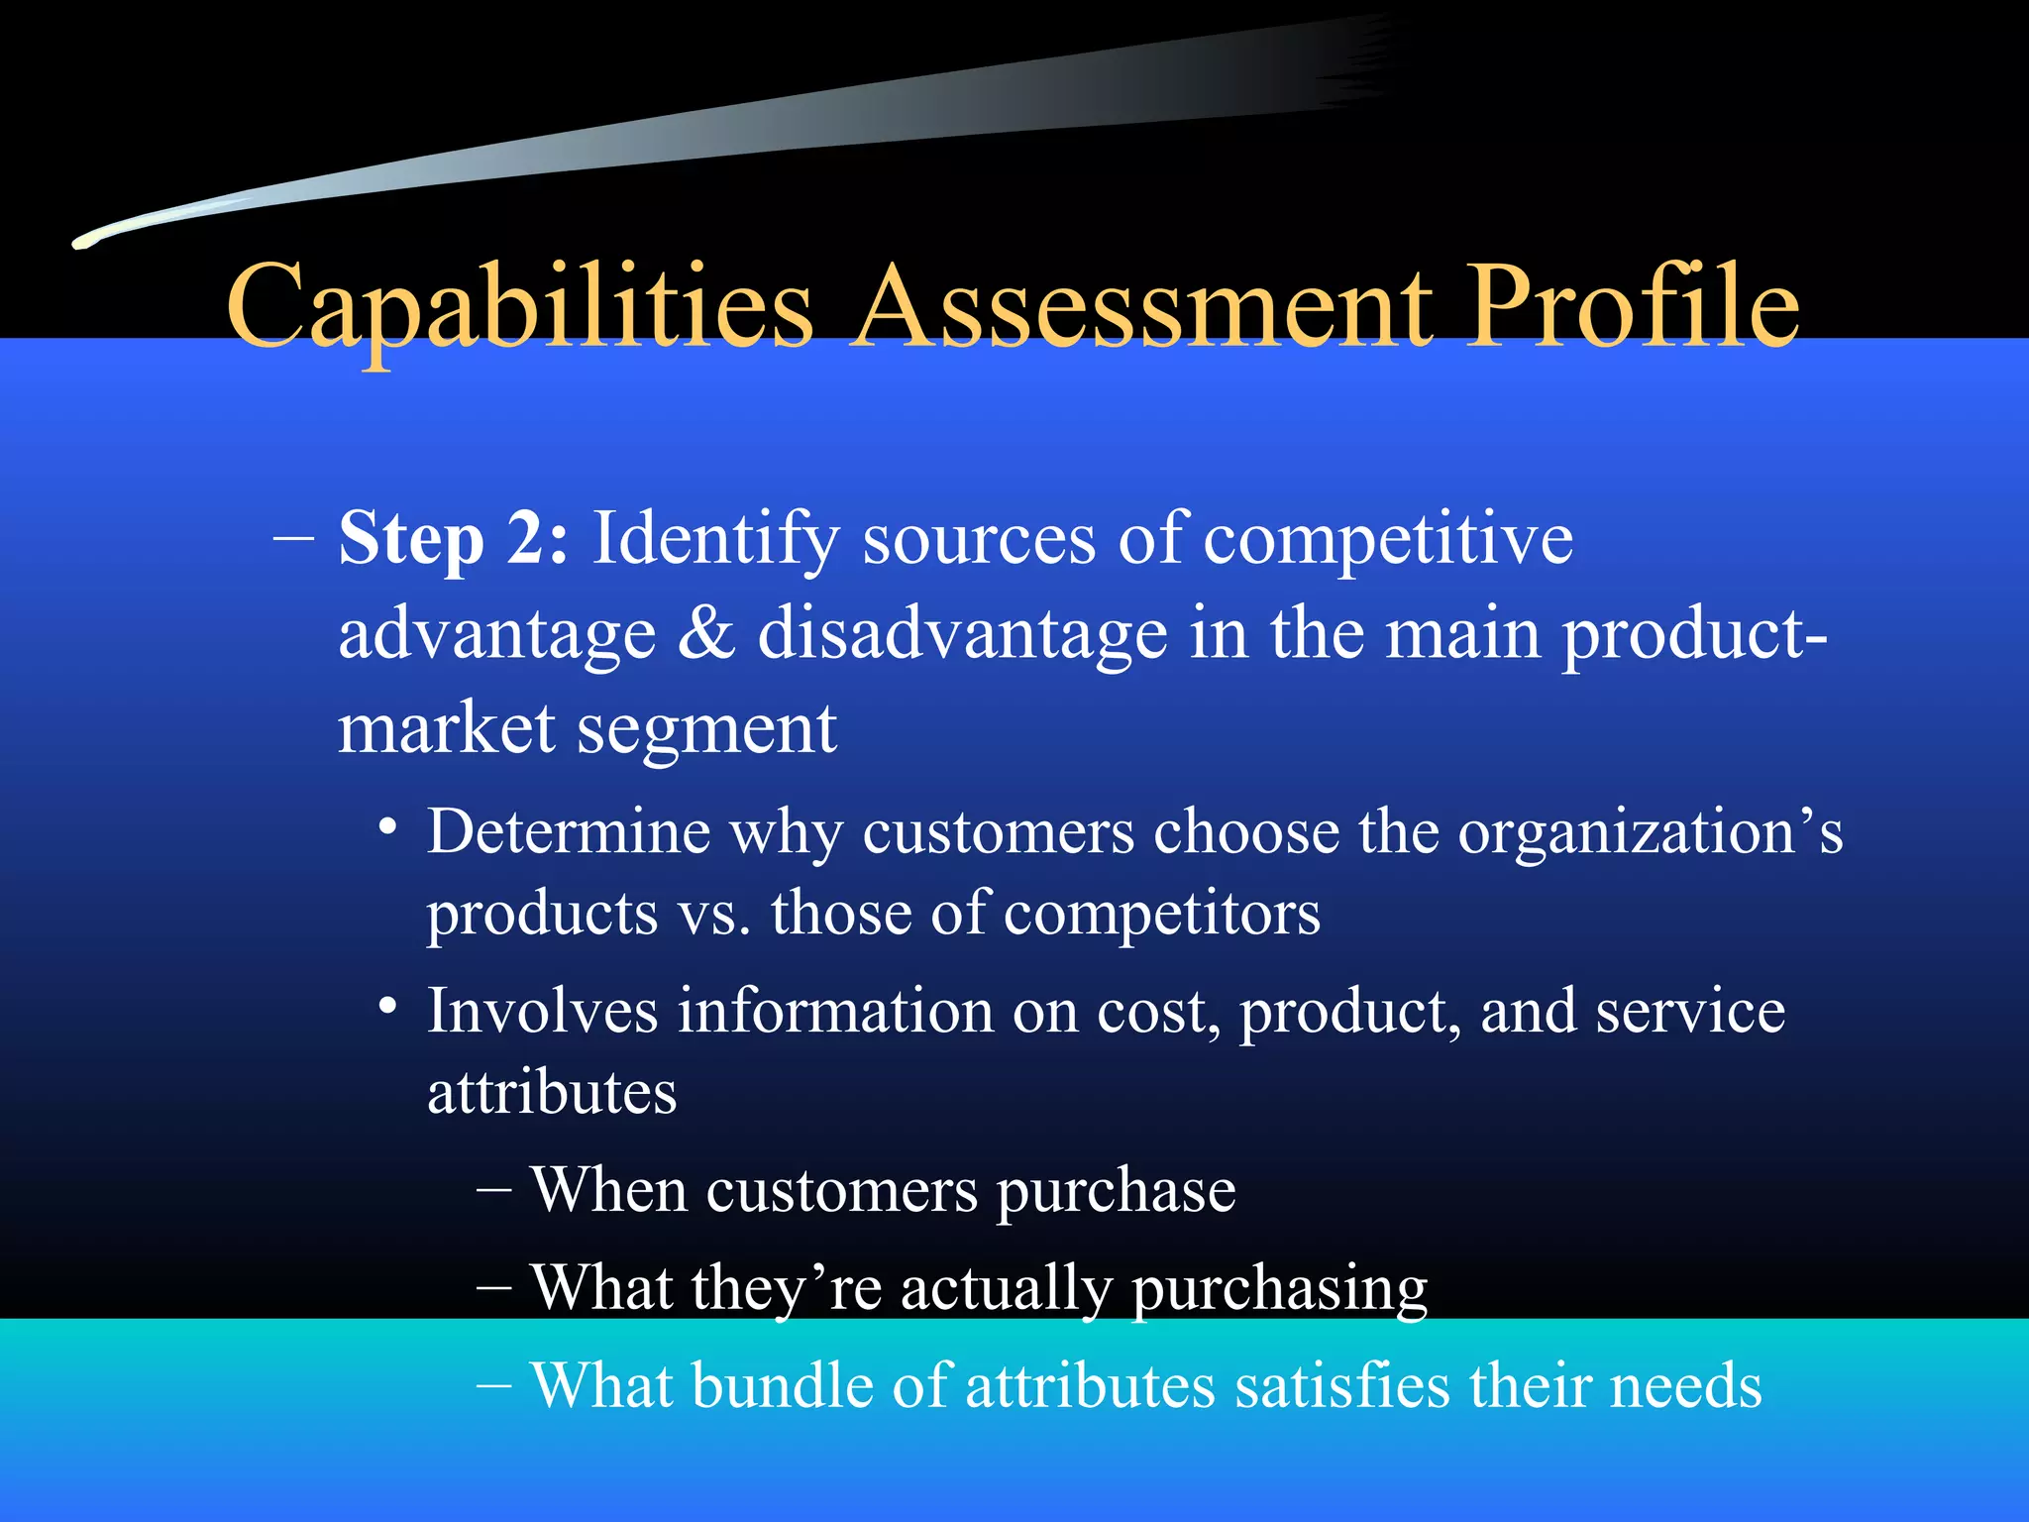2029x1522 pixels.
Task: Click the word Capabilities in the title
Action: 519,309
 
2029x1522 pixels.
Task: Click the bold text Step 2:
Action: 454,540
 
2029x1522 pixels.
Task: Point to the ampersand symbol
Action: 706,634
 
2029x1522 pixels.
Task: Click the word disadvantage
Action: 962,634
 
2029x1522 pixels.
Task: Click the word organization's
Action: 1650,832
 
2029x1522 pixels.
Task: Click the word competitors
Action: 1161,914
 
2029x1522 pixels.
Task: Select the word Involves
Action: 542,1012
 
